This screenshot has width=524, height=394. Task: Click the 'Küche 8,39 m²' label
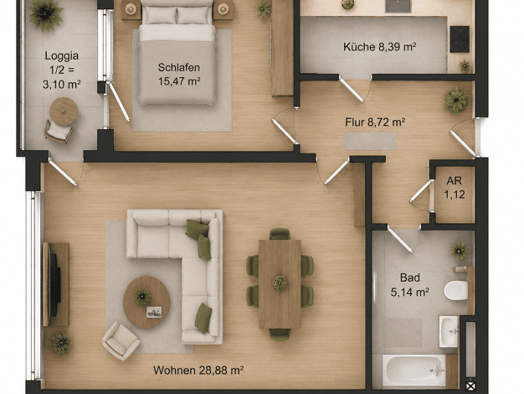pos(380,47)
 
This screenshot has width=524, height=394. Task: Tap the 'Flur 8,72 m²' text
pos(375,122)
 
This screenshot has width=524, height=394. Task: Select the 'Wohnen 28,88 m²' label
pos(198,371)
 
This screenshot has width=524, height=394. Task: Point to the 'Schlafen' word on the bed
pos(179,67)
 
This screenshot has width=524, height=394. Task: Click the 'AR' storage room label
pos(455,181)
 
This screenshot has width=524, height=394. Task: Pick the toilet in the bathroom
pos(456,290)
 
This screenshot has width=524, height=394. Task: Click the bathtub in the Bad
pos(414,371)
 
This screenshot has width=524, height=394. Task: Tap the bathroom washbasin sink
pos(449,331)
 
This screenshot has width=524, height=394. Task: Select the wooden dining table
pos(280,284)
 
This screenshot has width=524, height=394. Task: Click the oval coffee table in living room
pos(146,302)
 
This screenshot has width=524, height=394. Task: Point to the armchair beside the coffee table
pos(121,341)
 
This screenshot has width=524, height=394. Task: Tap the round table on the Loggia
pos(64,111)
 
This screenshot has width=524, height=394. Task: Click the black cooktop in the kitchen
pos(460,39)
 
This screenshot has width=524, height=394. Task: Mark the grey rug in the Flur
pos(370,142)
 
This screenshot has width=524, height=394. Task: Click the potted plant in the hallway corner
pos(456,100)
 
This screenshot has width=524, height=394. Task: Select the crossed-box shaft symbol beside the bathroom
pos(470,386)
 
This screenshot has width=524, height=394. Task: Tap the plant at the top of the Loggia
pos(45,14)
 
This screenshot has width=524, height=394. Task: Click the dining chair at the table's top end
pos(280,234)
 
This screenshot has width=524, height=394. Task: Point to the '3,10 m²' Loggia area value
pos(61,84)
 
